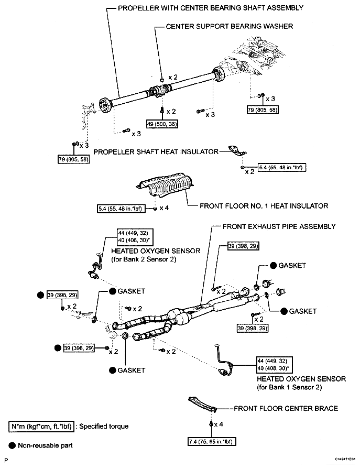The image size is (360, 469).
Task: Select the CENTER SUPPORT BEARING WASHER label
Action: pyautogui.click(x=229, y=26)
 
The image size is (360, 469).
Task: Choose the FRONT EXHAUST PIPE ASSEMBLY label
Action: pyautogui.click(x=279, y=226)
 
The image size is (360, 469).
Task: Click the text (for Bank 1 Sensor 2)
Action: pyautogui.click(x=291, y=387)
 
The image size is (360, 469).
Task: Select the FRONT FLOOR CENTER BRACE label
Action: pyautogui.click(x=286, y=408)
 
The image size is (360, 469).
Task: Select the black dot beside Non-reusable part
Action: pyautogui.click(x=12, y=445)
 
